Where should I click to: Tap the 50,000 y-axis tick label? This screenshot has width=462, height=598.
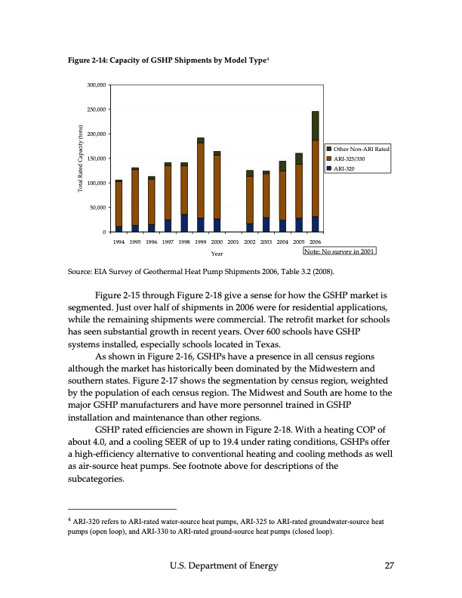pyautogui.click(x=96, y=208)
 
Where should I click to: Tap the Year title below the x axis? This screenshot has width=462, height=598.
pyautogui.click(x=217, y=254)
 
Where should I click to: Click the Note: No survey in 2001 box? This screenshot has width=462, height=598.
pyautogui.click(x=339, y=251)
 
